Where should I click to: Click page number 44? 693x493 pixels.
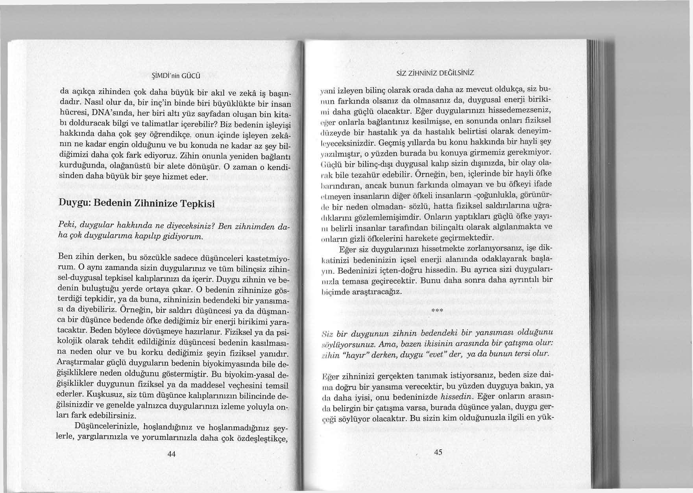(x=171, y=454)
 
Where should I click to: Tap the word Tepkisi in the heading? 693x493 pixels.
(x=196, y=205)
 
